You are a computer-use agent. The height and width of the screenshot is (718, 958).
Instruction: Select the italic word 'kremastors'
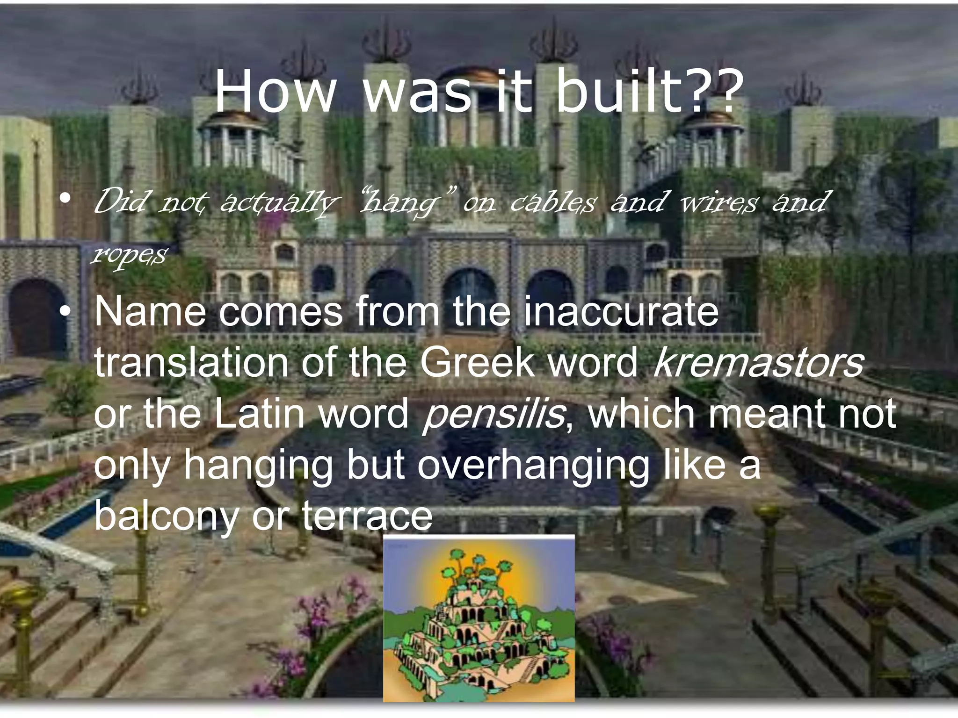(x=758, y=363)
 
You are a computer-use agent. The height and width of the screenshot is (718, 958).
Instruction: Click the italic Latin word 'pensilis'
(x=494, y=414)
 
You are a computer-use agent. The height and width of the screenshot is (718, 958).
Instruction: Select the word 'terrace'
(x=367, y=517)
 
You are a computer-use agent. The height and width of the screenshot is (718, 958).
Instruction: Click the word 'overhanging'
(x=533, y=466)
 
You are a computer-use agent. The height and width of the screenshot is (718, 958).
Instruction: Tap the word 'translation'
(x=191, y=363)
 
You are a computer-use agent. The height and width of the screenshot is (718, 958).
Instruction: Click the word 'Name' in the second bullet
(x=150, y=312)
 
